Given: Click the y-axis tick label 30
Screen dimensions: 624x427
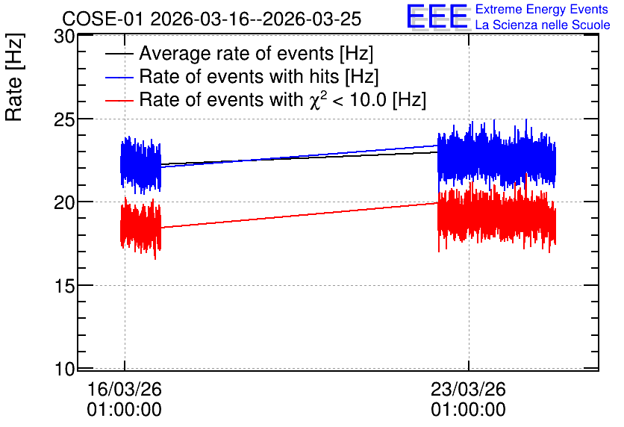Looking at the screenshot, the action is click(x=64, y=37).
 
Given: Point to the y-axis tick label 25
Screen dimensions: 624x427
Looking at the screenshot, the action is click(x=64, y=119).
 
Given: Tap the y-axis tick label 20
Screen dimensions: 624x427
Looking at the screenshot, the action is click(x=64, y=203).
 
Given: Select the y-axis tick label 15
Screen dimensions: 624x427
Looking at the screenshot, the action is click(x=64, y=286).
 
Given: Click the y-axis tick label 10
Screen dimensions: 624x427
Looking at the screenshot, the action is click(x=64, y=370).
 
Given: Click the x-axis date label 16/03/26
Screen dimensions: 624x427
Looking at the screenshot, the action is click(x=124, y=389).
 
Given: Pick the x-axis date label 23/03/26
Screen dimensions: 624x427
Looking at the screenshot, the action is click(x=468, y=389).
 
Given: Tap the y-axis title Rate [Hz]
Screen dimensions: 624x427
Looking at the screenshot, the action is click(x=14, y=77).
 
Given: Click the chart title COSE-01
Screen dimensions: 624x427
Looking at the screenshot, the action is click(x=102, y=19).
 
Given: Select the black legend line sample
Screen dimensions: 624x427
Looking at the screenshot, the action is click(x=119, y=54).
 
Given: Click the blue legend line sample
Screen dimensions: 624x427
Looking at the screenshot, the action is click(x=119, y=77).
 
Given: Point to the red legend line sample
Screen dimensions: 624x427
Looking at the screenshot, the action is click(x=119, y=100).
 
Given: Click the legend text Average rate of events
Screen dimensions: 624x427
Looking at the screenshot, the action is click(x=237, y=53).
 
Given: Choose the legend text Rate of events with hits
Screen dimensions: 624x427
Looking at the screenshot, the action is click(x=239, y=76).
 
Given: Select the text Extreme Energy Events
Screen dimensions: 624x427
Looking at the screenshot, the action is click(x=542, y=9).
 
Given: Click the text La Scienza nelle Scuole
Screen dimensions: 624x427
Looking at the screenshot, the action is click(x=543, y=25).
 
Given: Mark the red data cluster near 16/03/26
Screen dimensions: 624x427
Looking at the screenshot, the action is click(x=141, y=228).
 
